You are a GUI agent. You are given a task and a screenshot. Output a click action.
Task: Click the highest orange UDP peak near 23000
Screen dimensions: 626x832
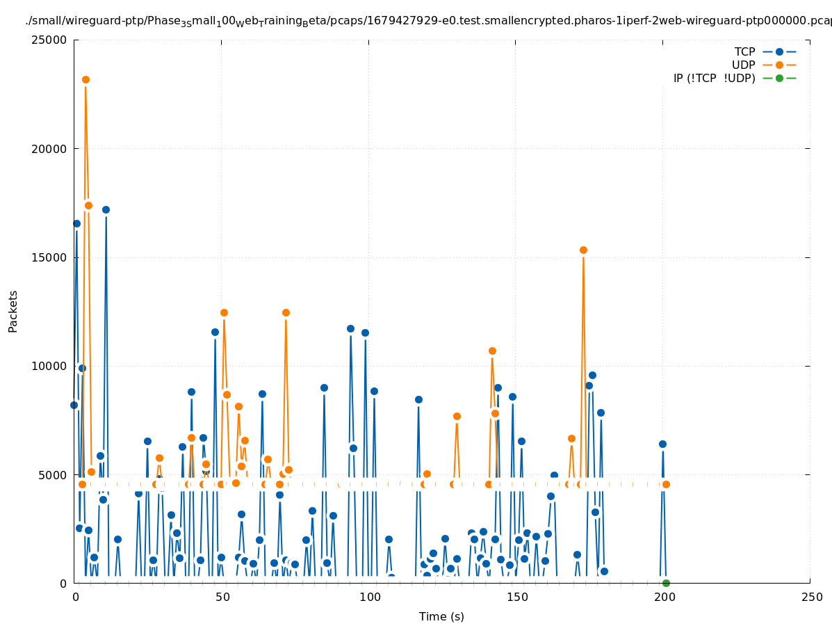(x=85, y=80)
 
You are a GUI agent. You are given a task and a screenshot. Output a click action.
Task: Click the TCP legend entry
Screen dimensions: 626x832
(x=744, y=52)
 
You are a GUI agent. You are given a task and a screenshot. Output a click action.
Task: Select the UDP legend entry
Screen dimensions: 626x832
(x=743, y=65)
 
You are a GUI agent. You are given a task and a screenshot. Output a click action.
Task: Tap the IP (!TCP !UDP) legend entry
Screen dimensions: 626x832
(x=714, y=79)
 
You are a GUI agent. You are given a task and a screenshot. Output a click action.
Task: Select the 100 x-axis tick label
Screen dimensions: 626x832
(x=369, y=597)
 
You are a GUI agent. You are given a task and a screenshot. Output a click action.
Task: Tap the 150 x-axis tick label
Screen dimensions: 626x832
(x=516, y=597)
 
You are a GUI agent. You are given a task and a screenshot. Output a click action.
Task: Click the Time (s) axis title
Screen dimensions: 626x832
(x=441, y=617)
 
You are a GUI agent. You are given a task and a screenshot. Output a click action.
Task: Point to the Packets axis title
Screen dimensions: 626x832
(x=13, y=311)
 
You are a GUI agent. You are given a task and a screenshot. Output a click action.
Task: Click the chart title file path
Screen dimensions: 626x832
(x=428, y=21)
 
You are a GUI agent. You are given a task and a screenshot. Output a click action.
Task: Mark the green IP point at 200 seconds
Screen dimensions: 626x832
(x=666, y=583)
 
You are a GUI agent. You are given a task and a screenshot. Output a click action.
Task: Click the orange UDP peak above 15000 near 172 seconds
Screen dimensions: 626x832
(x=583, y=250)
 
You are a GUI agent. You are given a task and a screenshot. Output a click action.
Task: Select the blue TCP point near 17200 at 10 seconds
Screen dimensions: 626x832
(x=106, y=209)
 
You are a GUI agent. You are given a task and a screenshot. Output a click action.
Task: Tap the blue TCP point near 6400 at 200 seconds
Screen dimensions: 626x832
(x=662, y=444)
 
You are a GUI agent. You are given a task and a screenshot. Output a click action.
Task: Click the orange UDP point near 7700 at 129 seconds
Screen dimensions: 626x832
(x=457, y=416)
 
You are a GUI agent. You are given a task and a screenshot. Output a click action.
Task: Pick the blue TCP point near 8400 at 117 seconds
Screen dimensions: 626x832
(x=418, y=399)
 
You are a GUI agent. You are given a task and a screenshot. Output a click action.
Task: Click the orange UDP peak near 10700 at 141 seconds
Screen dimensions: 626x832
(x=492, y=351)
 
